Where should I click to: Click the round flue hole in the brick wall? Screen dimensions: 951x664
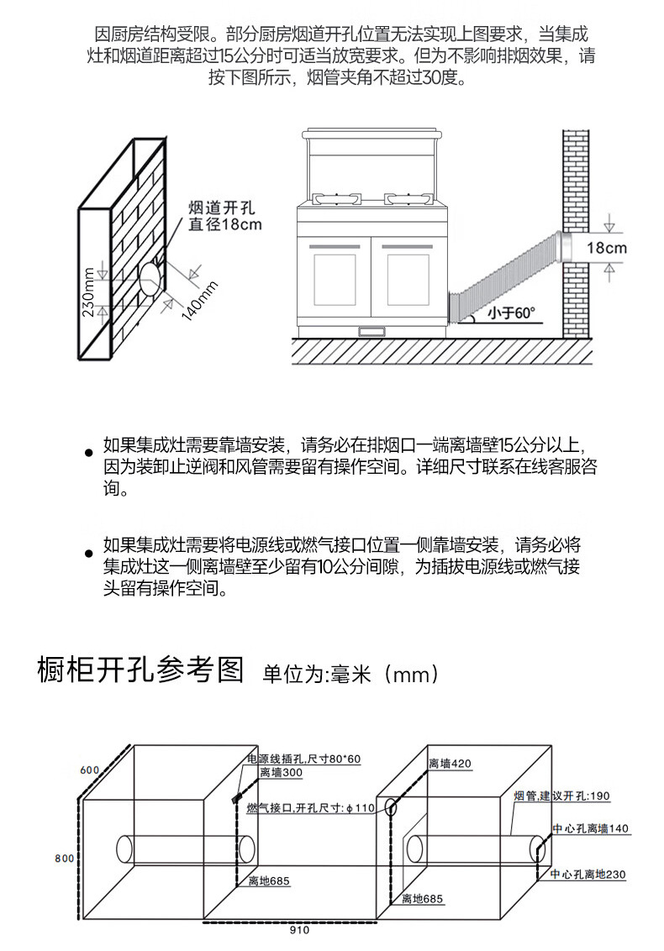point(150,278)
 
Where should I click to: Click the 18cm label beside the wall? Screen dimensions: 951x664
point(607,248)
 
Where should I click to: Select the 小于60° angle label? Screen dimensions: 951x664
point(512,313)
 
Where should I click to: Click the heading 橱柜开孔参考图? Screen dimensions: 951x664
point(140,671)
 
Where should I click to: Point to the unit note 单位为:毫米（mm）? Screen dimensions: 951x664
point(350,674)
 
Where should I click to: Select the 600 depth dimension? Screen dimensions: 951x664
point(90,770)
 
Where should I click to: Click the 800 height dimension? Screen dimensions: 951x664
point(65,858)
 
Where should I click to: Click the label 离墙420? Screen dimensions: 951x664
point(450,764)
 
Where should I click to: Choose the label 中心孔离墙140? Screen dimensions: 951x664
point(589,829)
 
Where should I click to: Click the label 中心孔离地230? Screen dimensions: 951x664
point(588,875)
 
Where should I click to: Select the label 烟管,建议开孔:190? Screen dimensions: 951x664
point(561,795)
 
